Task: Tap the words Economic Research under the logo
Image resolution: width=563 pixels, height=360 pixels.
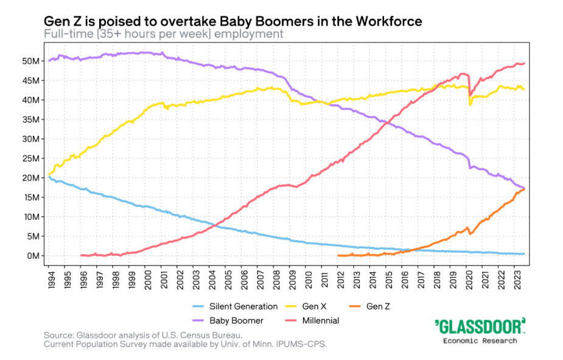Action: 480,341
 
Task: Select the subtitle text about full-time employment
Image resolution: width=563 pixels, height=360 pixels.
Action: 164,34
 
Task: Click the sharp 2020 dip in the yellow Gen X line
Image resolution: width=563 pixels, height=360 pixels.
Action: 470,105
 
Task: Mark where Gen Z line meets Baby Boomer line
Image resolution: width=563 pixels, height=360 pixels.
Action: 524,188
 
